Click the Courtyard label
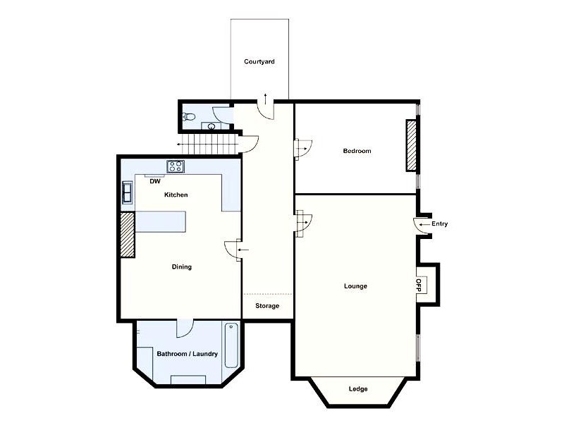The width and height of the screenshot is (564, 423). click(259, 62)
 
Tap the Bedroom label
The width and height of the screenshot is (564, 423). click(357, 151)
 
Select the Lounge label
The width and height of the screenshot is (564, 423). click(355, 286)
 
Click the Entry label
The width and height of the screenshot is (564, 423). click(439, 224)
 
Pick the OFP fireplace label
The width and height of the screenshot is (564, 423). click(418, 285)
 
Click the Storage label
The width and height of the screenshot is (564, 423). click(267, 306)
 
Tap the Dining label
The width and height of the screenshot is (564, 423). click(182, 267)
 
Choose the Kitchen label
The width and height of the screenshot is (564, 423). click(176, 195)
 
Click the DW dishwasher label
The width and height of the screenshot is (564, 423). click(155, 181)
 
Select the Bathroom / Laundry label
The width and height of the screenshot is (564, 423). click(187, 354)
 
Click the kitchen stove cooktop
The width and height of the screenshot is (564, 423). click(175, 166)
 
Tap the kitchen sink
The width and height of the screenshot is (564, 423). click(128, 192)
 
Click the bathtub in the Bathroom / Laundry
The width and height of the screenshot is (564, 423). click(232, 345)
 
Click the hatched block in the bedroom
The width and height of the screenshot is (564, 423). click(410, 145)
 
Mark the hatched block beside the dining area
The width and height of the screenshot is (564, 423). click(127, 234)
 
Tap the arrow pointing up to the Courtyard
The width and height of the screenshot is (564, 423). click(265, 96)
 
